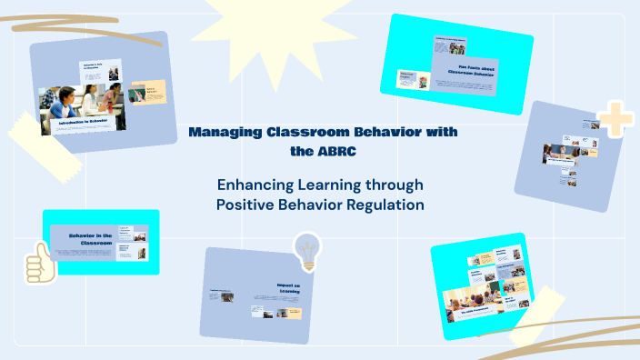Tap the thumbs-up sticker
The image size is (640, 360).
39,264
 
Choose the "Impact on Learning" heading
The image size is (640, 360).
289,289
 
